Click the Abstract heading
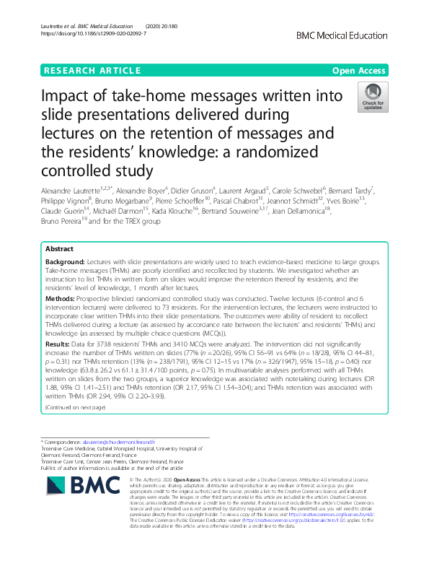point(59,248)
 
